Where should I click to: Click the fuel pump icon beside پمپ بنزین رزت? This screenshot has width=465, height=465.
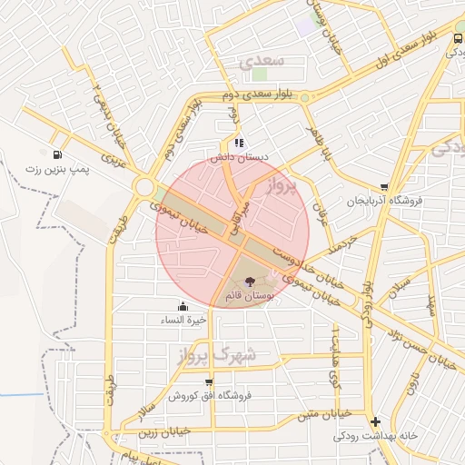tap(59, 154)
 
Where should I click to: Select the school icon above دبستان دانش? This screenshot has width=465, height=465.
tap(237, 143)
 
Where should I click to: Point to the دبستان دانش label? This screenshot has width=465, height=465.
tap(241, 157)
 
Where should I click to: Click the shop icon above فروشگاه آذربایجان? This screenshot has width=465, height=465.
tap(384, 187)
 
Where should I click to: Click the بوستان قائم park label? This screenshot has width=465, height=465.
tap(248, 297)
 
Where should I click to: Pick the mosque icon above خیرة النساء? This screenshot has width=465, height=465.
tap(183, 306)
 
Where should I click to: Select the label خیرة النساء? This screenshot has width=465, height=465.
tap(184, 321)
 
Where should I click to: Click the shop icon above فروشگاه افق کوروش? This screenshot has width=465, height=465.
tap(210, 382)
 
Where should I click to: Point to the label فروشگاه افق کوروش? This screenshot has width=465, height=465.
tap(210, 397)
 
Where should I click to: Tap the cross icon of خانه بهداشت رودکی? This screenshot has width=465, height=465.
tap(375, 421)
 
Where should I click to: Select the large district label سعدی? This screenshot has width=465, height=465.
tap(263, 62)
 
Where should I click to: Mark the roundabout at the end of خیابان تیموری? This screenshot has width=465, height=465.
tap(143, 187)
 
